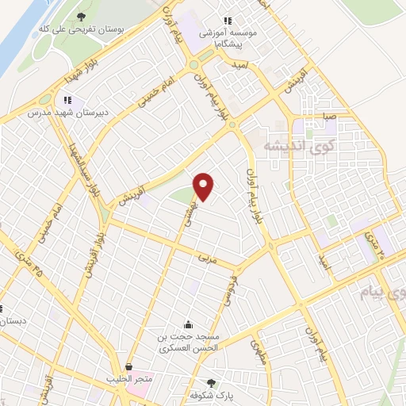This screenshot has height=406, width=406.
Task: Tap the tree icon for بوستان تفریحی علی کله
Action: [x=84, y=16]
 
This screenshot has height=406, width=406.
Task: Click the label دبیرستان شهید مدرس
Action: [x=57, y=113]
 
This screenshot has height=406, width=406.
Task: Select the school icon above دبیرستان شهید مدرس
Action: [x=67, y=100]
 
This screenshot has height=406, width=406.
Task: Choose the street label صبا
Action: [x=328, y=117]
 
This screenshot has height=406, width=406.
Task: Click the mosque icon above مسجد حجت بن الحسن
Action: [x=188, y=324]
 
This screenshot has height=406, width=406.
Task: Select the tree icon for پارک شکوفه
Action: [x=210, y=383]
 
